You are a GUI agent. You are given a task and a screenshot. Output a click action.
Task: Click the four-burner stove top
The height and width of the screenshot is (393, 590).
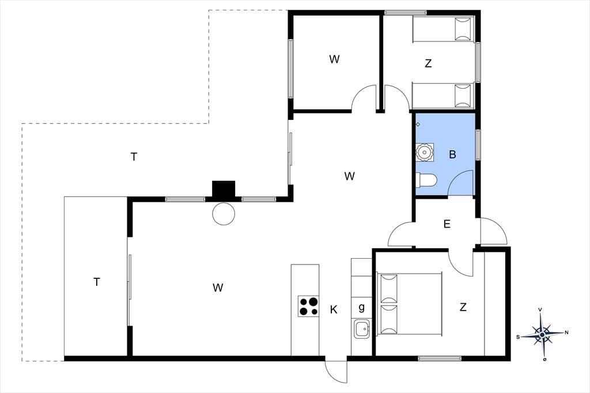click(309, 306)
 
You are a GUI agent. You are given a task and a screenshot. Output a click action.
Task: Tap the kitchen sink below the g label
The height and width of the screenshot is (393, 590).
click(362, 328)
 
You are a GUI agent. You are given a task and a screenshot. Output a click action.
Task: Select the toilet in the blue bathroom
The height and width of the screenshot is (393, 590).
click(426, 180)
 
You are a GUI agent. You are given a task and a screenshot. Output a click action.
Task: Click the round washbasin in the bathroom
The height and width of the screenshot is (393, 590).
click(425, 153)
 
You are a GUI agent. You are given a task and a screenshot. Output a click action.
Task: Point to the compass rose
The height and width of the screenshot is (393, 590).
click(542, 334)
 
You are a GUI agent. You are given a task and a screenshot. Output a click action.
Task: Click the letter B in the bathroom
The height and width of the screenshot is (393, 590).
click(452, 154)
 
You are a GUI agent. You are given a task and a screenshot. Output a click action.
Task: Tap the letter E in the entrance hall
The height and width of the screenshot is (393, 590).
click(447, 224)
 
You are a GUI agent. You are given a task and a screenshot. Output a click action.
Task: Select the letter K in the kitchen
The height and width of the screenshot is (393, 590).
click(334, 310)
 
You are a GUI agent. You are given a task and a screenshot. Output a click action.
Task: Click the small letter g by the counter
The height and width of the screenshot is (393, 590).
click(362, 308)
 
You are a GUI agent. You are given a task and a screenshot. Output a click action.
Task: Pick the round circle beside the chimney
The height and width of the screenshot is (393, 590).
click(224, 214)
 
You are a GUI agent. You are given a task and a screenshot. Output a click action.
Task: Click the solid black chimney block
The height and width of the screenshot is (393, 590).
click(224, 189)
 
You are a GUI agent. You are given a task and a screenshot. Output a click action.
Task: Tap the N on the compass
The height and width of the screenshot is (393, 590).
click(566, 332)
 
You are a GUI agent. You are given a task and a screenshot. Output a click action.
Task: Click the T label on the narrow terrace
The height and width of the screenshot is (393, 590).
click(97, 282)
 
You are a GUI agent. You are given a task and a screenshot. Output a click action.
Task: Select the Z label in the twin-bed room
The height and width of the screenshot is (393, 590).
click(428, 63)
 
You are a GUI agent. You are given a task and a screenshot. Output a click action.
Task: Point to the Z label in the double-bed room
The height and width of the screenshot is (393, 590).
click(463, 307)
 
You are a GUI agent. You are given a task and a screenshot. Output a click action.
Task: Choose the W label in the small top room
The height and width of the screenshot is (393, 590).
click(334, 59)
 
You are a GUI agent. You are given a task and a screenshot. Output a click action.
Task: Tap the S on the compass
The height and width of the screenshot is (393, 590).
click(518, 337)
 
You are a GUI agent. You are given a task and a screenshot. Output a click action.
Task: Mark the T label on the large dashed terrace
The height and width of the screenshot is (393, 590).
click(134, 157)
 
